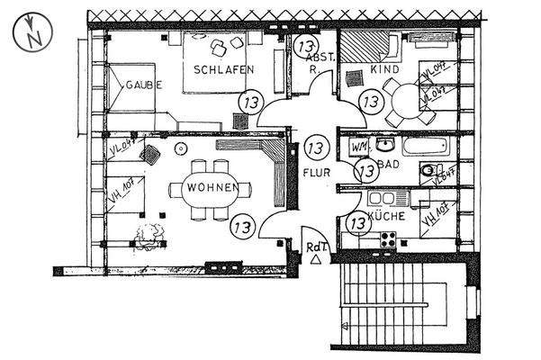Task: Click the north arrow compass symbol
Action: (x=32, y=34)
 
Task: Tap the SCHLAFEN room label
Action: (x=223, y=69)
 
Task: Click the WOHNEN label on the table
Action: (x=212, y=187)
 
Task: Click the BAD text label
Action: (x=389, y=166)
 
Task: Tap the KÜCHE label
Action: (x=385, y=216)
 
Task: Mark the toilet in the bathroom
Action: (x=429, y=170)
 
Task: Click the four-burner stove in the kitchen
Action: (x=390, y=238)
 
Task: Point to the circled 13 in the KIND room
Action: (x=369, y=102)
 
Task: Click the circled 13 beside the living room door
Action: (x=242, y=224)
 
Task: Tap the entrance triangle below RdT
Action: (x=316, y=259)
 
